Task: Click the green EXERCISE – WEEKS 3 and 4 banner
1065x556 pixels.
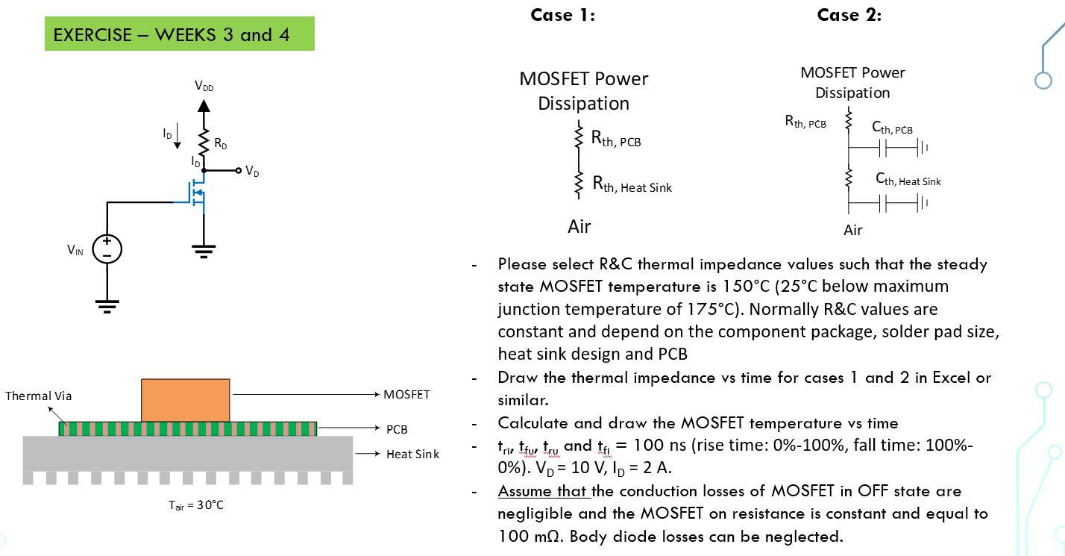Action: pos(179,34)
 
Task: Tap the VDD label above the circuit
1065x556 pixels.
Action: pos(204,87)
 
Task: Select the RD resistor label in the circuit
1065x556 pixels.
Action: pos(220,144)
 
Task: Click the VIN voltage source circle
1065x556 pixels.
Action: pos(107,249)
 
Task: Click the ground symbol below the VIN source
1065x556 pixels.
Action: pos(107,305)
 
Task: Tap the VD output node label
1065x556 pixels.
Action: pos(252,172)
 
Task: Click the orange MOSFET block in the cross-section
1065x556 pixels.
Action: pos(186,400)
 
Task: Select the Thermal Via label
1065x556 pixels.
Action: pos(39,396)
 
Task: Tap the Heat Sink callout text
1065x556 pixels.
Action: pos(412,454)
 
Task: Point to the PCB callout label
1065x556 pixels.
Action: pos(397,429)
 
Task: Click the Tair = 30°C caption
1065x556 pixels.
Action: pos(195,505)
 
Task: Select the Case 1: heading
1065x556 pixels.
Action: pos(562,15)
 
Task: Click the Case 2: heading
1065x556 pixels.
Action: pos(849,15)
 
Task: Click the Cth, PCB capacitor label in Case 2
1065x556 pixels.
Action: pos(892,128)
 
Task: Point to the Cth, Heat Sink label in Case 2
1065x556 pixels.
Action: pos(908,180)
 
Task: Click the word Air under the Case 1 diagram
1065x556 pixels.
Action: pos(579,226)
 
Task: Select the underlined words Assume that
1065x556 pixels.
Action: pos(544,491)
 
